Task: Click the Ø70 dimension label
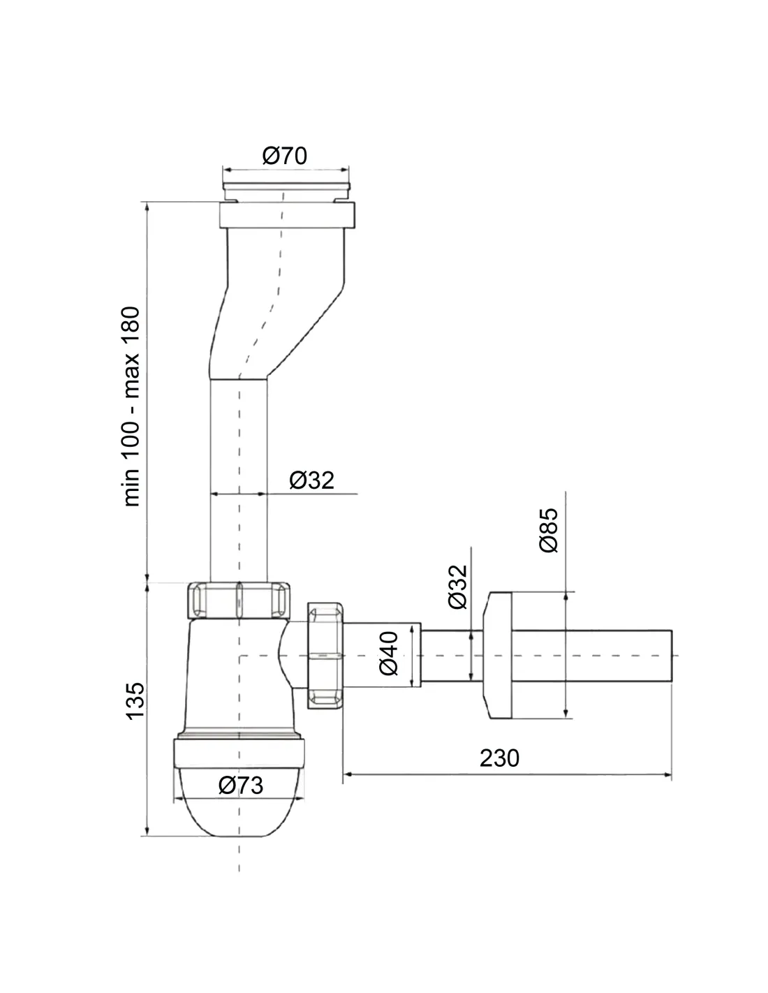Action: [284, 156]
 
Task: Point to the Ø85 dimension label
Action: [549, 529]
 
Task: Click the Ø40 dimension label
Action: [389, 653]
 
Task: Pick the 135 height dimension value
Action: [135, 701]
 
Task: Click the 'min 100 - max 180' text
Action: [131, 406]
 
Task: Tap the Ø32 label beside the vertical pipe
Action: [311, 480]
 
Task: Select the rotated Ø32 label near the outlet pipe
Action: [458, 587]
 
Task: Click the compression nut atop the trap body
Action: [239, 600]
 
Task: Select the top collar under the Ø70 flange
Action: [287, 215]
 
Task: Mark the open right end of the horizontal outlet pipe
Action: [671, 655]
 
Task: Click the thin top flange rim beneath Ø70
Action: [286, 186]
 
